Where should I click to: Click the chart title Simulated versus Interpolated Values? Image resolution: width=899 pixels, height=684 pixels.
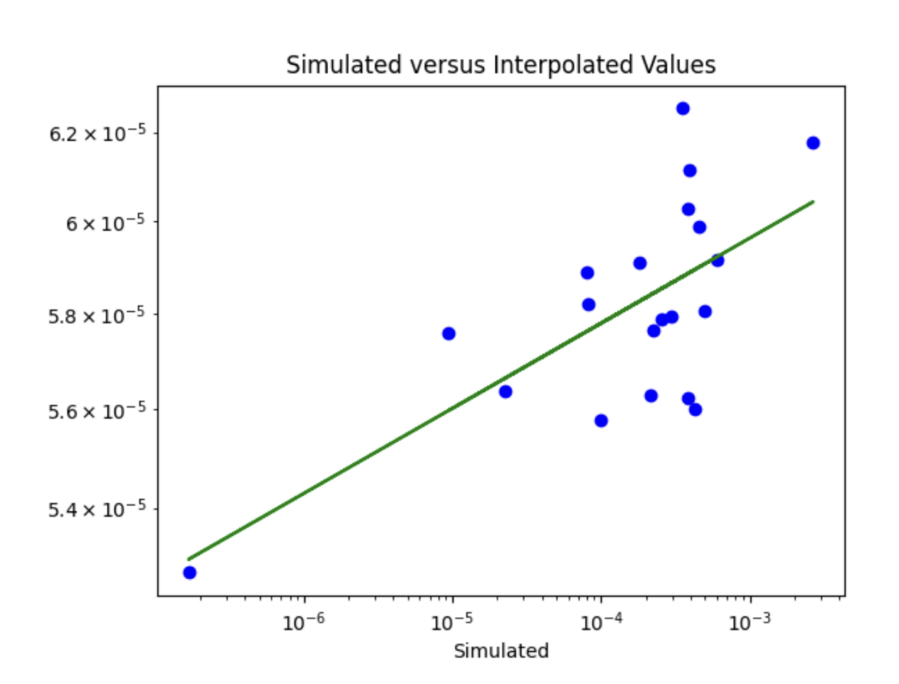[x=500, y=65]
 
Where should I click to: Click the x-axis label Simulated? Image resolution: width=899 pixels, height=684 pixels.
[x=500, y=651]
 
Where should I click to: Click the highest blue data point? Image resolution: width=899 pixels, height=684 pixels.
[x=683, y=108]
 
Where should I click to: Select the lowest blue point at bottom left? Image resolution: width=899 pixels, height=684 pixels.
[x=189, y=572]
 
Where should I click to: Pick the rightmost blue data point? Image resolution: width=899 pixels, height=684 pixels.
[x=813, y=143]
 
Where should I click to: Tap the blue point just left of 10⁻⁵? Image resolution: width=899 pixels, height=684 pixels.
[x=449, y=333]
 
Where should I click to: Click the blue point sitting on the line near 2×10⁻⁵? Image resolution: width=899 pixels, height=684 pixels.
[x=505, y=392]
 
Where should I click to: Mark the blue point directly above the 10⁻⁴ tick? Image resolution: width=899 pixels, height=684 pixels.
[x=601, y=421]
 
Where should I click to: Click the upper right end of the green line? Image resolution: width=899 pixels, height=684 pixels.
[x=813, y=202]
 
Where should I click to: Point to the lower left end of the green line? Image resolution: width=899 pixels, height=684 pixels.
[x=189, y=559]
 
